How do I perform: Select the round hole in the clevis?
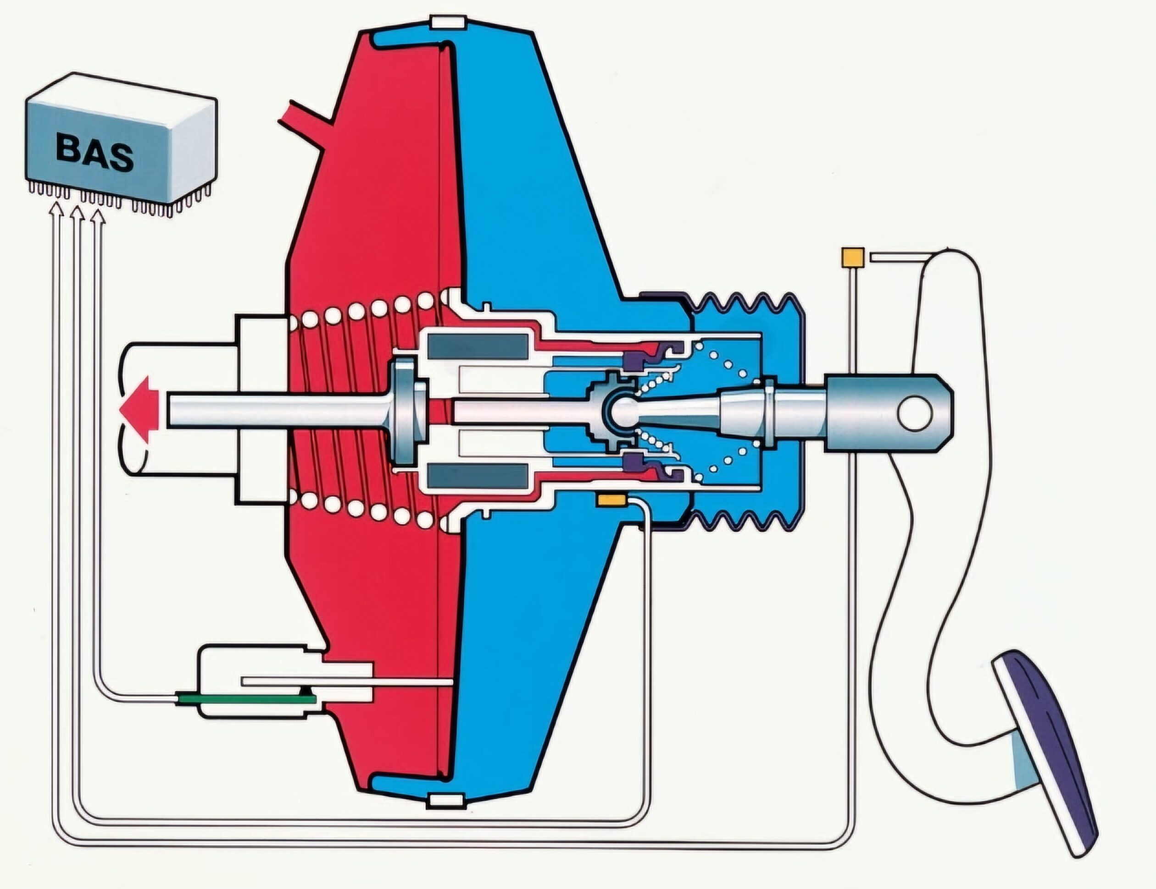coord(914,412)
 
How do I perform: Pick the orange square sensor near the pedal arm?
coord(852,258)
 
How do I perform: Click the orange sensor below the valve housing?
coord(611,499)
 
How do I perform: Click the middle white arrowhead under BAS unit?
coord(77,213)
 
